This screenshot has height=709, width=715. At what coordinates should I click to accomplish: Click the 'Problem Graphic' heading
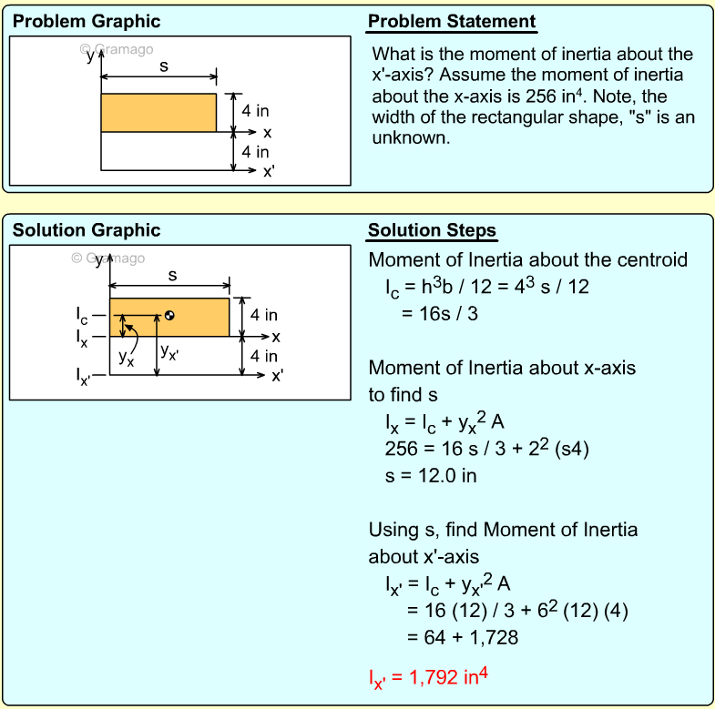click(87, 22)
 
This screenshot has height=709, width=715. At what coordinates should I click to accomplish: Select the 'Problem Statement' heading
click(452, 22)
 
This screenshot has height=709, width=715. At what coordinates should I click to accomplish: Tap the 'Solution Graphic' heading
click(87, 230)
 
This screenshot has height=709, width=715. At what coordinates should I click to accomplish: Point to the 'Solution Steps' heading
click(432, 230)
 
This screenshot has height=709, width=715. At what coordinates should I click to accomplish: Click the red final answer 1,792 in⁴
click(428, 678)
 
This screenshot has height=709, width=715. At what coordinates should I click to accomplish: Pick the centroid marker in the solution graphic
click(169, 316)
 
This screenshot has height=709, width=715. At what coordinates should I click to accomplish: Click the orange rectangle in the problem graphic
click(158, 113)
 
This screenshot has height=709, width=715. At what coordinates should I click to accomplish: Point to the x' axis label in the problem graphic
click(269, 170)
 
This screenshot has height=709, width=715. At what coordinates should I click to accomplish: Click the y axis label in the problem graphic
click(89, 55)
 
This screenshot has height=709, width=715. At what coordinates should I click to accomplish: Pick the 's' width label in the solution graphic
click(172, 275)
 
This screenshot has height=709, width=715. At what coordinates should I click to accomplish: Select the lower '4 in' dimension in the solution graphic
click(264, 356)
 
